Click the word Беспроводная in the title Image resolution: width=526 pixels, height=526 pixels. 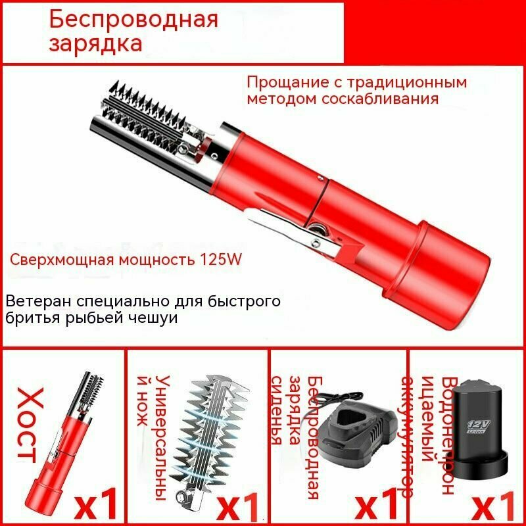[133, 18]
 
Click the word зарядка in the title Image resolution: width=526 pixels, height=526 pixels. [95, 44]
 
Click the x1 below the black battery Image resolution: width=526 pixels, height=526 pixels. [496, 503]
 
